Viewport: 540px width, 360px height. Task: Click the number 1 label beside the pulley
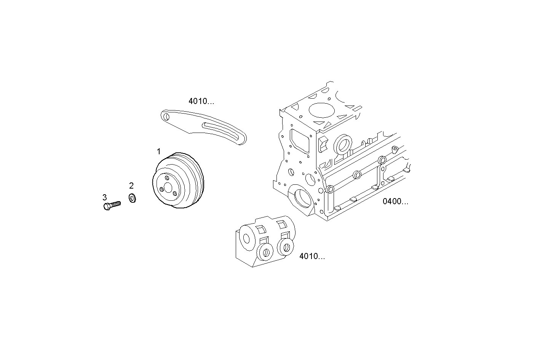coord(159,152)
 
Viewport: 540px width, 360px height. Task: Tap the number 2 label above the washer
coord(131,186)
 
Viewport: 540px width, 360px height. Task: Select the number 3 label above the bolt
coord(105,197)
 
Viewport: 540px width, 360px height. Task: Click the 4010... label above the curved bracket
coord(201,101)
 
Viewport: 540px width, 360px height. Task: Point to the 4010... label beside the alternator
coord(312,256)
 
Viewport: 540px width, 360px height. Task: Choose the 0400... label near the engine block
coord(396,202)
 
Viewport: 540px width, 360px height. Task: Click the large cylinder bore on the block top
coord(321,110)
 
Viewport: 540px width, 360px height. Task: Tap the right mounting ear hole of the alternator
coord(286,247)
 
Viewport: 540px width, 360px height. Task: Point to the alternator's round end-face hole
coord(246,239)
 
